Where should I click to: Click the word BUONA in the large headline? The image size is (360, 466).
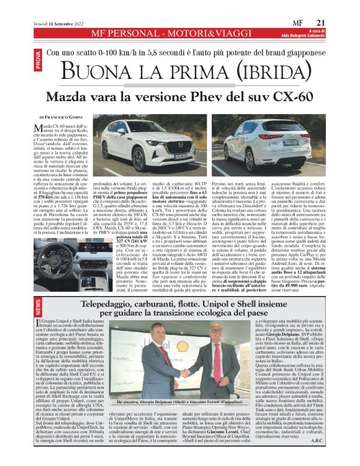(x=110, y=71)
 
